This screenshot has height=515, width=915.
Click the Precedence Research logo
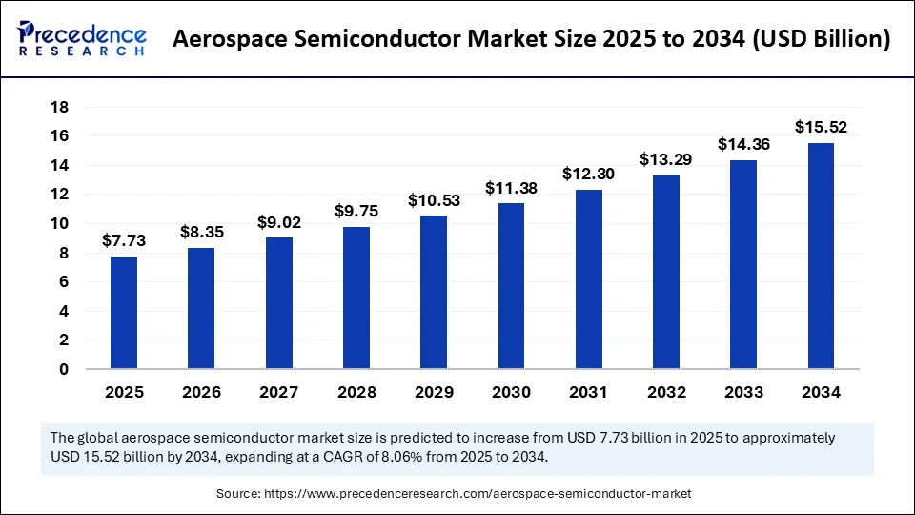coord(82,38)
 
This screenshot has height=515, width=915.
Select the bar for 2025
coord(123,312)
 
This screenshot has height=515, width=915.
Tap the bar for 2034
coord(821,256)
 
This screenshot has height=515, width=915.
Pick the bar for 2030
coord(511,285)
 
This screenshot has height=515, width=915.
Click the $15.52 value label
coord(821,127)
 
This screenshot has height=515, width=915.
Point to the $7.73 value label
coord(123,240)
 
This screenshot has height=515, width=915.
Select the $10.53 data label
coord(434,199)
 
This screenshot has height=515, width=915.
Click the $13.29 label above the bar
coord(666,159)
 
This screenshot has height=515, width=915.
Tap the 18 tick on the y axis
coord(59,107)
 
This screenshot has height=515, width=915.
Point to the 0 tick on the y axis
coord(64,369)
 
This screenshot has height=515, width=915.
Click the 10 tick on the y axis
coord(59,223)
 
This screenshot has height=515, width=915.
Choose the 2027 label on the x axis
coord(278,392)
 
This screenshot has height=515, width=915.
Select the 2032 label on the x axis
coord(666,392)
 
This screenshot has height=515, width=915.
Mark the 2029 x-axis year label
coord(434,392)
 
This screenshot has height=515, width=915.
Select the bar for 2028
coord(356,298)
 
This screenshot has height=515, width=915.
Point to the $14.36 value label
coord(743,144)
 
